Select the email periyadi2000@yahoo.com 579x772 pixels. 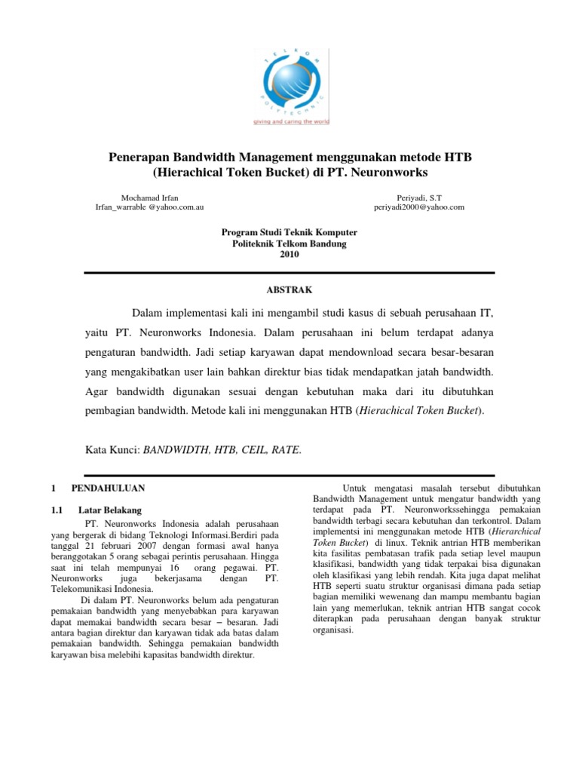[x=419, y=206]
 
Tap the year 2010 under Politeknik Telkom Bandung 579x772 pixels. [x=289, y=254]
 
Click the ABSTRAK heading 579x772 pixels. [x=289, y=289]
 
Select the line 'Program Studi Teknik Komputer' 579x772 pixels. [x=289, y=233]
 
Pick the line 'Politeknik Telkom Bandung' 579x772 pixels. [x=289, y=244]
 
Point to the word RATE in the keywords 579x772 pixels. [x=286, y=450]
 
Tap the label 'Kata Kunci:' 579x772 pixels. [x=113, y=450]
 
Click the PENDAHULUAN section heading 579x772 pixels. [x=113, y=489]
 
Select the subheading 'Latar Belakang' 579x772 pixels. [x=110, y=510]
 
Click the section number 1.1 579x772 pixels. [x=56, y=510]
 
